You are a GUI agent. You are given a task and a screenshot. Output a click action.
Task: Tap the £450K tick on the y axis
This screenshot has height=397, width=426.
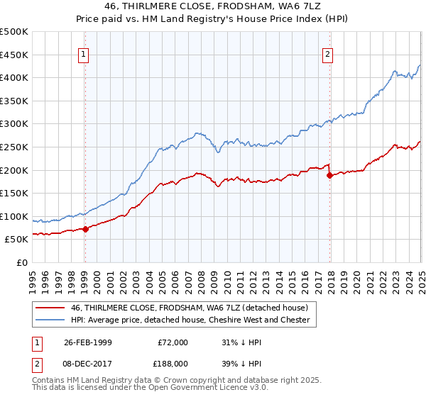pyautogui.click(x=14, y=55)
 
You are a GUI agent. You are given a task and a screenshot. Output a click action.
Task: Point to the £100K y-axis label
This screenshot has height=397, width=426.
pyautogui.click(x=14, y=216)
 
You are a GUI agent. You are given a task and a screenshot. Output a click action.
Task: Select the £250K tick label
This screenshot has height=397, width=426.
pyautogui.click(x=14, y=147)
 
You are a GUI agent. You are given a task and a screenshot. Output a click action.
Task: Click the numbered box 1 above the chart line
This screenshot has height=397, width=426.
pyautogui.click(x=84, y=54)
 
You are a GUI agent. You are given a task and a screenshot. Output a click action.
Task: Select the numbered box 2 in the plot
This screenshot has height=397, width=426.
pyautogui.click(x=328, y=54)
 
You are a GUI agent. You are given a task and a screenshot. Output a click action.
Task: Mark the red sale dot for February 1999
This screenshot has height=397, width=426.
pyautogui.click(x=85, y=229)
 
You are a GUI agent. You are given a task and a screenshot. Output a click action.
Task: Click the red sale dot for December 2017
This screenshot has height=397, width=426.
pyautogui.click(x=329, y=175)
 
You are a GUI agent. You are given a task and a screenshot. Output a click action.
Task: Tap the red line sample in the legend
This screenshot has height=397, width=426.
pyautogui.click(x=50, y=308)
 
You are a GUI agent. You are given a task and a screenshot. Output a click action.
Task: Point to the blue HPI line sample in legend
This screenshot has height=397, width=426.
pyautogui.click(x=50, y=320)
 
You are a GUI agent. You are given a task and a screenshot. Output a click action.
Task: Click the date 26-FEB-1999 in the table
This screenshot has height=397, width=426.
pyautogui.click(x=88, y=342)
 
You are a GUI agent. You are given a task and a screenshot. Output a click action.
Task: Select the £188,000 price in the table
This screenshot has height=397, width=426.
pyautogui.click(x=173, y=362)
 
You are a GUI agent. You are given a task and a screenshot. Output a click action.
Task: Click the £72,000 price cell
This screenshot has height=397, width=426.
pyautogui.click(x=173, y=342)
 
